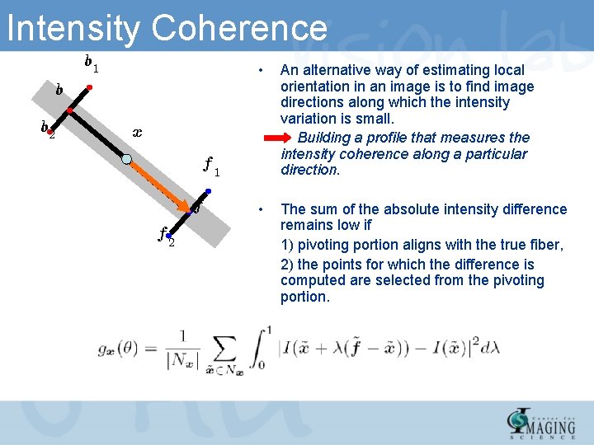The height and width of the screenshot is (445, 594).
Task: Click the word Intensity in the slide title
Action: point(73,29)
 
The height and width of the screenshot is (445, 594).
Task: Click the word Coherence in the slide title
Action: point(240,29)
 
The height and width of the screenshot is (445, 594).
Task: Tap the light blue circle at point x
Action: point(126,160)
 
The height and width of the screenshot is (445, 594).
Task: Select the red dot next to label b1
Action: point(89,87)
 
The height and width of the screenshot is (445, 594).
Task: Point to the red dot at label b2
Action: point(49,131)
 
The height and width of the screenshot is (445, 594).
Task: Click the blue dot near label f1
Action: point(209,192)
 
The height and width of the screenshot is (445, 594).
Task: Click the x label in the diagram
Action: point(137,132)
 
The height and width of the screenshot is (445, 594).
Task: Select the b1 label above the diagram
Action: point(91,62)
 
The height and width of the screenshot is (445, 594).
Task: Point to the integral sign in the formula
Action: point(262,349)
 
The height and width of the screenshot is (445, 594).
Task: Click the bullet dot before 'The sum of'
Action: point(260,206)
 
